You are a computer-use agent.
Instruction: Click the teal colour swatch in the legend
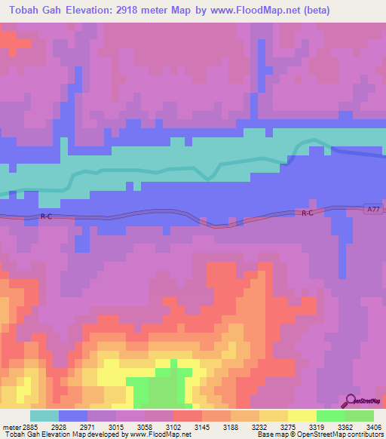coord(44,416)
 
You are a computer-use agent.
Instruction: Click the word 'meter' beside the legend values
coord(11,426)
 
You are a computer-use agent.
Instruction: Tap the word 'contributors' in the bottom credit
coord(365,434)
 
